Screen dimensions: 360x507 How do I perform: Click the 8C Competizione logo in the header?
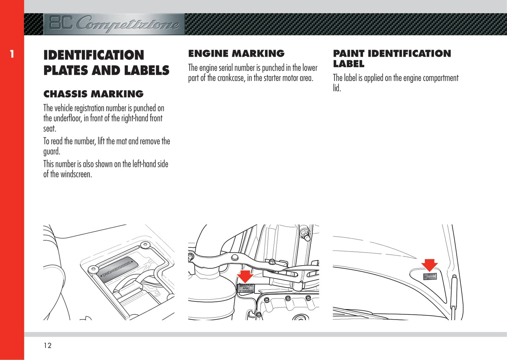114,24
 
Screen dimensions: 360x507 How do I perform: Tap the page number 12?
47,346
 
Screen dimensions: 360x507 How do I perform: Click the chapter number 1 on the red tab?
12,54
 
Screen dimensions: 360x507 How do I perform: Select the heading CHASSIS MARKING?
93,94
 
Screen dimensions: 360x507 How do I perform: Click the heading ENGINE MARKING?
236,54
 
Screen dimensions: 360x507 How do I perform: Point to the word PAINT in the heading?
349,54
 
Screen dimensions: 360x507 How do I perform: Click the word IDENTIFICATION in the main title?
94,55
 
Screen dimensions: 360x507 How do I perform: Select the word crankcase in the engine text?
231,78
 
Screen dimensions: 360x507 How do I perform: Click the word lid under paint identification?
336,88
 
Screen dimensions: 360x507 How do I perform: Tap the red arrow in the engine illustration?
245,276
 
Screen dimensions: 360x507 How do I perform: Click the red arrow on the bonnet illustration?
429,265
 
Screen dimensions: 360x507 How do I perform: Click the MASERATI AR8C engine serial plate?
246,288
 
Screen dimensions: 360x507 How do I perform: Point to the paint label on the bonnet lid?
429,276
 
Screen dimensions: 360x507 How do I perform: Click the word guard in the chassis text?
51,152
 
